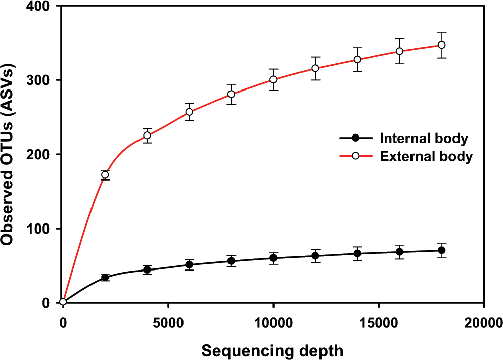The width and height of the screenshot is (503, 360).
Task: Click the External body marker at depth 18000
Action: pyautogui.click(x=441, y=44)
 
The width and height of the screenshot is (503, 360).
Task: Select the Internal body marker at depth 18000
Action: pyautogui.click(x=441, y=250)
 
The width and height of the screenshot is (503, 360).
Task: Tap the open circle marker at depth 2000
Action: pyautogui.click(x=105, y=175)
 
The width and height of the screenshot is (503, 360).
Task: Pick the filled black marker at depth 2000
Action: pyautogui.click(x=105, y=277)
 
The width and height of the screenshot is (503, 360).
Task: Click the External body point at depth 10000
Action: pyautogui.click(x=273, y=79)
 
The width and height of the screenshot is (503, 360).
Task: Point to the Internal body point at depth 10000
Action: pyautogui.click(x=273, y=258)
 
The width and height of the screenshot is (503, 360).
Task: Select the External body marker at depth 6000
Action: pyautogui.click(x=189, y=112)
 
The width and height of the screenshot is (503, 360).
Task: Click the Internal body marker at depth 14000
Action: pyautogui.click(x=357, y=253)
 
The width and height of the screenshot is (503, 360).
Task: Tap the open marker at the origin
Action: pyautogui.click(x=63, y=302)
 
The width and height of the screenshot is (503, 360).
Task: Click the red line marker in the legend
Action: pyautogui.click(x=356, y=156)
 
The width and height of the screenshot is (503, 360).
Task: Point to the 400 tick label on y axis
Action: pyautogui.click(x=43, y=7)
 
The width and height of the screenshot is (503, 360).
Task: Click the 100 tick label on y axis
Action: pyautogui.click(x=43, y=229)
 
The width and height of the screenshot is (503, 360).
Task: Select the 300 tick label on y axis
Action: pyautogui.click(x=43, y=80)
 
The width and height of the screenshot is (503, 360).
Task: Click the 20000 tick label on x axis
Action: pyautogui.click(x=483, y=321)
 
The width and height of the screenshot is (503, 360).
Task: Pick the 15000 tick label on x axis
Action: pyautogui.click(x=378, y=321)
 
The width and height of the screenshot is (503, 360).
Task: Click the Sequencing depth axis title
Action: pyautogui.click(x=273, y=350)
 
